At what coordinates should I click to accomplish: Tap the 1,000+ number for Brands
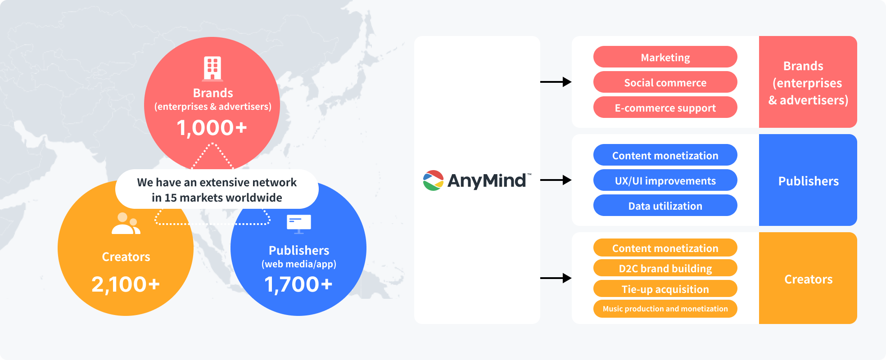pyautogui.click(x=212, y=128)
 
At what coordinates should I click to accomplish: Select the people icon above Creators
pyautogui.click(x=126, y=224)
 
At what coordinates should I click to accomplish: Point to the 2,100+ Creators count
pyautogui.click(x=126, y=284)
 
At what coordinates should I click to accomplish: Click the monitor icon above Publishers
pyautogui.click(x=299, y=224)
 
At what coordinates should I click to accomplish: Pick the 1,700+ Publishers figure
pyautogui.click(x=298, y=284)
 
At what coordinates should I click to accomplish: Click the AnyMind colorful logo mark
pyautogui.click(x=433, y=180)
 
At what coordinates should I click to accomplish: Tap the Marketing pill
pyautogui.click(x=665, y=57)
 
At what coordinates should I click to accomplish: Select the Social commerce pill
pyautogui.click(x=665, y=82)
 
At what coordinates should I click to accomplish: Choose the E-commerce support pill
pyautogui.click(x=665, y=108)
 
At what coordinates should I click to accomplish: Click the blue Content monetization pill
pyautogui.click(x=665, y=155)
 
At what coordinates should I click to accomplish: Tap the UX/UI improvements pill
pyautogui.click(x=665, y=180)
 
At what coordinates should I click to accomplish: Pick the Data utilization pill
pyautogui.click(x=665, y=206)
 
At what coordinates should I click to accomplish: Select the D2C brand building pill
pyautogui.click(x=665, y=268)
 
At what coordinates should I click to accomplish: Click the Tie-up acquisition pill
pyautogui.click(x=665, y=289)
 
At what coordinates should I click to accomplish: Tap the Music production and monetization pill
pyautogui.click(x=665, y=309)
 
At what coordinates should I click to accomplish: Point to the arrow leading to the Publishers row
pyautogui.click(x=556, y=180)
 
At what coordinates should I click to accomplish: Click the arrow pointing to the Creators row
pyautogui.click(x=556, y=278)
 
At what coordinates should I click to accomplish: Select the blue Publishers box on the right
pyautogui.click(x=808, y=180)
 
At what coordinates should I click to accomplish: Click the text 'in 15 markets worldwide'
pyautogui.click(x=217, y=198)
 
